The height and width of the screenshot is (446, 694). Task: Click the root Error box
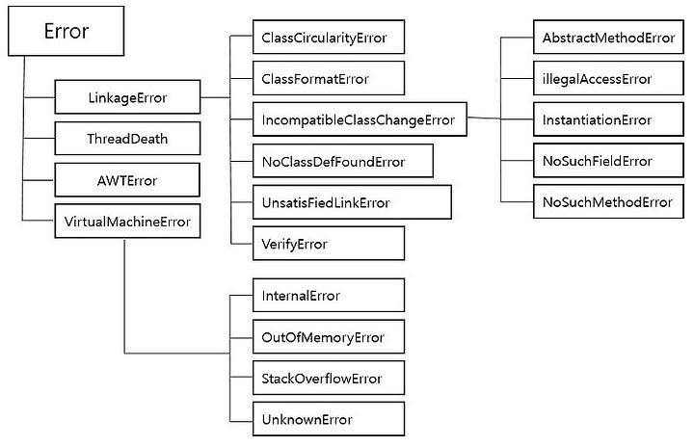coord(66,31)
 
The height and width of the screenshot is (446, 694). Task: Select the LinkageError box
coord(127,97)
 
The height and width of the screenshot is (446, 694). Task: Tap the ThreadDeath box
coord(127,139)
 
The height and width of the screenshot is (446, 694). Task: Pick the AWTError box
coord(127,180)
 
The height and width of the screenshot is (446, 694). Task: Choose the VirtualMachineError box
coord(127,222)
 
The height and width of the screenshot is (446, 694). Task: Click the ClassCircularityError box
coord(329,38)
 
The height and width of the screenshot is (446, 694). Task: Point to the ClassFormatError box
coord(329,78)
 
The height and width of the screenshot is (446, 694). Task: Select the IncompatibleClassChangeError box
coord(360,119)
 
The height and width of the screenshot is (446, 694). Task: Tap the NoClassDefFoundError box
coord(342,161)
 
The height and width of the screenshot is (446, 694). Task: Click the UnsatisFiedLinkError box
coord(352,202)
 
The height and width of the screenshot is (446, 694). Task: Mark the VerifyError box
coord(329,244)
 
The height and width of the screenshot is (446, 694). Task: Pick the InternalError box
coord(329,295)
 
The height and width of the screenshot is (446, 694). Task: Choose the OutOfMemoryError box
coord(329,337)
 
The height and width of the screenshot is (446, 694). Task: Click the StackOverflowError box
coord(329,378)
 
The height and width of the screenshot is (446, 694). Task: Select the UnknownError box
coord(329,419)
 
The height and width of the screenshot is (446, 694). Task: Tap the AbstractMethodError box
coord(608,38)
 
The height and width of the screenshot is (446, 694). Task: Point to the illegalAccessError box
coord(608,78)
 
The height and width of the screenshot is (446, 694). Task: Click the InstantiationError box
coord(608,119)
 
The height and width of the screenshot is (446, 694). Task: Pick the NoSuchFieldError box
coord(608,161)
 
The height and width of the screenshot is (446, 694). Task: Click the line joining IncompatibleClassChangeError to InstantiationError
coord(500,118)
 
